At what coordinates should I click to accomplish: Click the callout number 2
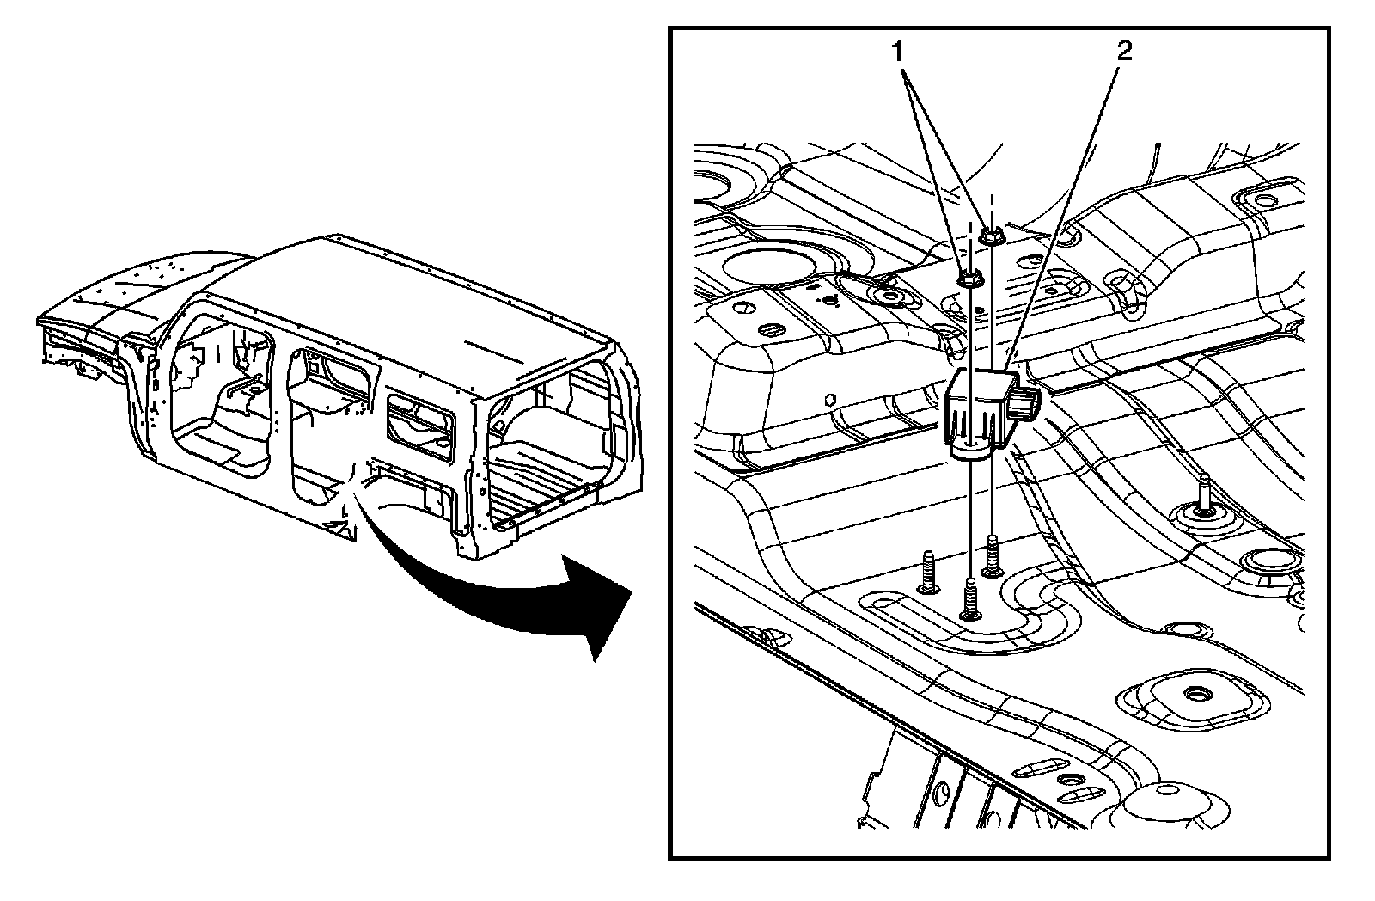coord(1124,51)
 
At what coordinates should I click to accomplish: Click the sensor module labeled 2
coord(980,409)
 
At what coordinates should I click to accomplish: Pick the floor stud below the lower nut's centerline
coord(970,598)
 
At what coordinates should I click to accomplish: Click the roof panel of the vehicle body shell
coord(412,301)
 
